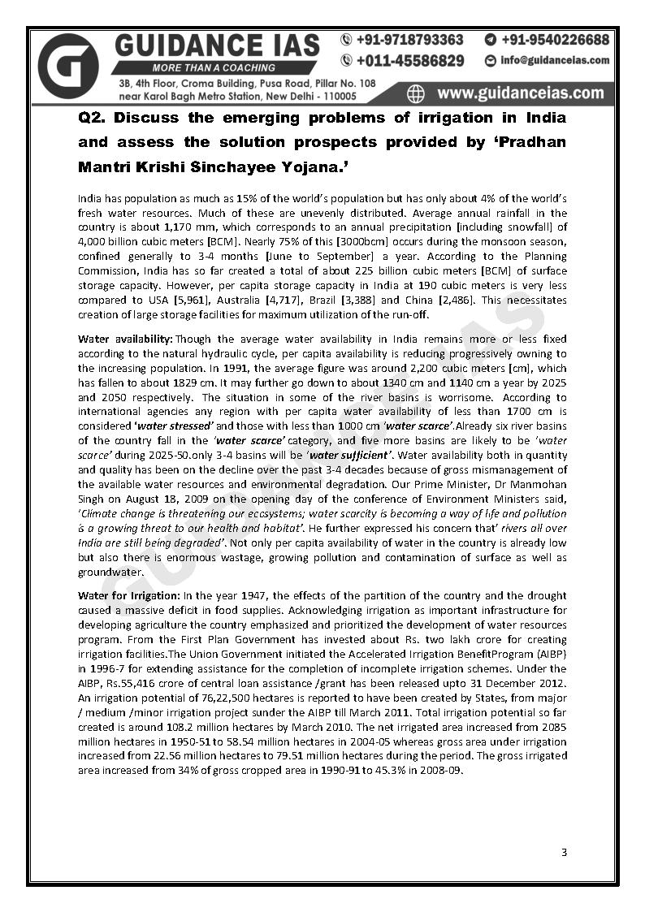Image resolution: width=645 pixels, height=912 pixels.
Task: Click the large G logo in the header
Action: click(68, 67)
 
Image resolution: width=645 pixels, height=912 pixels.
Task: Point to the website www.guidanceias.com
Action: click(520, 92)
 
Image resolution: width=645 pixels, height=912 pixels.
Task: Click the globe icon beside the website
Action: click(415, 93)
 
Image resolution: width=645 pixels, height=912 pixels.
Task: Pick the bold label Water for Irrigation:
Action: click(129, 595)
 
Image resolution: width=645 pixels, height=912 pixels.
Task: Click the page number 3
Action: click(564, 852)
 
